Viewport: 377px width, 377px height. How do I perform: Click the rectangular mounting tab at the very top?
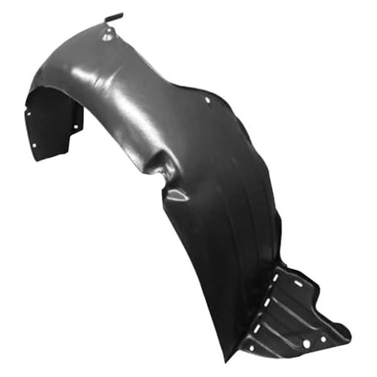114,17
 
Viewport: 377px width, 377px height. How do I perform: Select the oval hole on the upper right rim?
207,99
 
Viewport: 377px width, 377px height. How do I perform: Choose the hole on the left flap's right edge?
76,127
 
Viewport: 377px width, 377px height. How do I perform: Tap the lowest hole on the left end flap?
34,145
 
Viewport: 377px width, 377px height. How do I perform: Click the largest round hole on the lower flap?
306,344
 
